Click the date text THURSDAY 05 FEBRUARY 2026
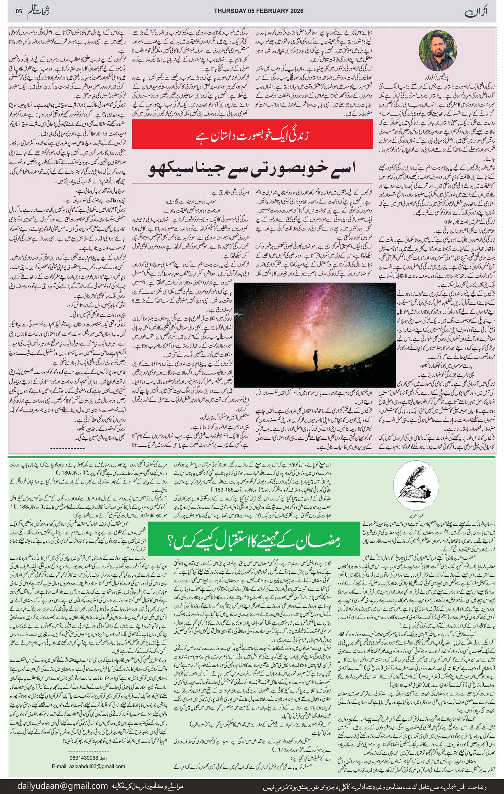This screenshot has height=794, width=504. pos(259,11)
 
